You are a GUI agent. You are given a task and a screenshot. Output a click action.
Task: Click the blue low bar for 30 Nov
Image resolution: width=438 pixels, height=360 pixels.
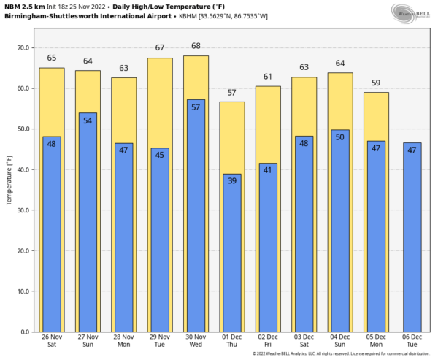click(196, 219)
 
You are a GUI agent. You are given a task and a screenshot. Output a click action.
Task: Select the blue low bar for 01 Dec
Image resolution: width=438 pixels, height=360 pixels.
click(232, 256)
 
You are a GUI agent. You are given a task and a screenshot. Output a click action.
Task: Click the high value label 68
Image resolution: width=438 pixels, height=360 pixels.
click(196, 46)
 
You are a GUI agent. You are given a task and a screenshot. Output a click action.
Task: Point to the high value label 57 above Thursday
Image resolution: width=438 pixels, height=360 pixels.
click(232, 92)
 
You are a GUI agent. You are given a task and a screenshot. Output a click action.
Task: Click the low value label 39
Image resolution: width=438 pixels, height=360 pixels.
click(232, 180)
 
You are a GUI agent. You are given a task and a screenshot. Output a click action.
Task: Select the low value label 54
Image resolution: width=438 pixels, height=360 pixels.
click(88, 120)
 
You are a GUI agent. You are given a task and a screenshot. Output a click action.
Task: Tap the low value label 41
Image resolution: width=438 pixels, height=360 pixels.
click(268, 169)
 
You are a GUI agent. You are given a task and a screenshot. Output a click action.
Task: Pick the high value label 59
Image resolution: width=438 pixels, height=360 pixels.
click(376, 83)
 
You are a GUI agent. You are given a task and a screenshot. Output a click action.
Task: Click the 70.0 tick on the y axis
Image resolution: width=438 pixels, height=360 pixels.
click(23, 47)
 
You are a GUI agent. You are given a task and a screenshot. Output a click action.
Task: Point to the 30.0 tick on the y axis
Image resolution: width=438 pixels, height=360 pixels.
click(23, 210)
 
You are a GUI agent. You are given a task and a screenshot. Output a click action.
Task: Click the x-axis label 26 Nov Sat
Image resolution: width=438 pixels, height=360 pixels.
click(52, 341)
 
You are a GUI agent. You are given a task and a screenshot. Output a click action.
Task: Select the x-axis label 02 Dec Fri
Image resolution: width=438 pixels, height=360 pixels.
click(268, 341)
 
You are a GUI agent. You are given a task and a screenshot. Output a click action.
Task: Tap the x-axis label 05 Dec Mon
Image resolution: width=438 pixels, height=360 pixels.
click(376, 341)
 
